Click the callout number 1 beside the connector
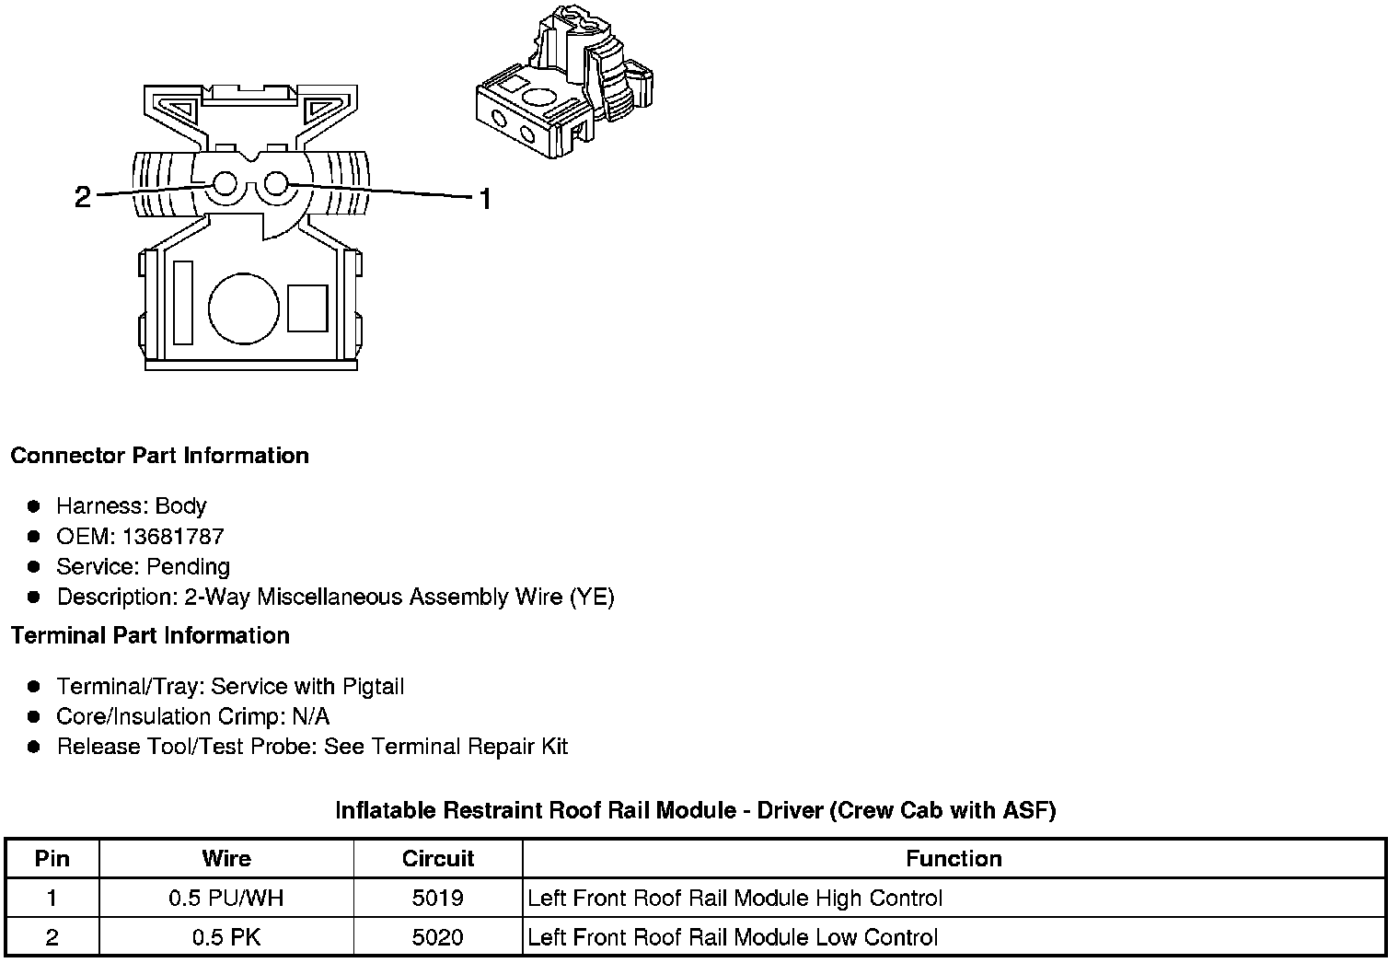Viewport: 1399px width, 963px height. click(x=485, y=198)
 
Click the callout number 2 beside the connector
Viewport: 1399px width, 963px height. click(x=83, y=196)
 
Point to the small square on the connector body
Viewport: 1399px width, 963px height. click(x=307, y=308)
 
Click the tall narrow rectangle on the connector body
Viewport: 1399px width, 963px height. click(x=183, y=303)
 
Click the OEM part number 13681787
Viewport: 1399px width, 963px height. click(x=173, y=537)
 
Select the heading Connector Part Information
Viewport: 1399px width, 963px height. click(x=159, y=456)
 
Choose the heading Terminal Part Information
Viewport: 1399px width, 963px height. click(x=150, y=635)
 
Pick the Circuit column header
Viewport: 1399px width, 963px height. click(x=438, y=859)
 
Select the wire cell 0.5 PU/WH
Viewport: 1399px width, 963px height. click(x=226, y=899)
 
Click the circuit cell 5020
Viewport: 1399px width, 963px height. click(x=438, y=938)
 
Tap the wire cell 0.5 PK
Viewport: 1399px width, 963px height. click(x=226, y=938)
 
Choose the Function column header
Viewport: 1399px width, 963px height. click(x=954, y=859)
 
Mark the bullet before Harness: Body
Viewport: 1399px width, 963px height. click(x=34, y=506)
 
